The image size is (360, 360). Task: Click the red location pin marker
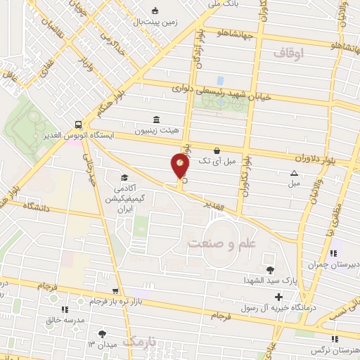181,167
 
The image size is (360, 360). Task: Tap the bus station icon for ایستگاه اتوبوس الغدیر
77,124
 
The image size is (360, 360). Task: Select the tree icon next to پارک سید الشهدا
270,269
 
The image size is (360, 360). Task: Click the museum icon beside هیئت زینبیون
155,120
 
